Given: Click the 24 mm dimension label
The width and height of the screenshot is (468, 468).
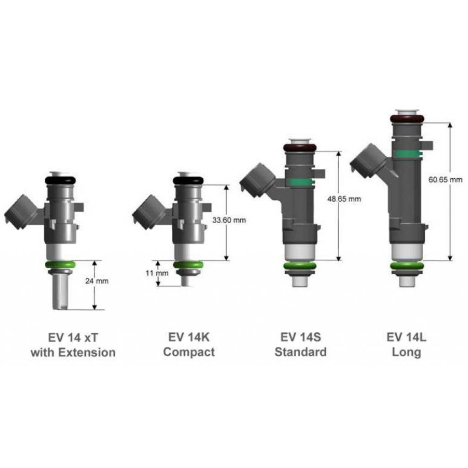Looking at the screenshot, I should [x=97, y=281].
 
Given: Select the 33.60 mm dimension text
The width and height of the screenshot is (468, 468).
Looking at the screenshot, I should [x=229, y=220].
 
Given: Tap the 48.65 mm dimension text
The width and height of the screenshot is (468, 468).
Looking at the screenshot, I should [x=344, y=199].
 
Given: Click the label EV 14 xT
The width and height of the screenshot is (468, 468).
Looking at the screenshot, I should [x=73, y=337].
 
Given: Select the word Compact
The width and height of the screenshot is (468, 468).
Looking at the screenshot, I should [x=189, y=352].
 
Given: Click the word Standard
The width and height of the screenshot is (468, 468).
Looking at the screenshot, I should [x=300, y=352].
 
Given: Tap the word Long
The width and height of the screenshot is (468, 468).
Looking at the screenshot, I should [x=406, y=352].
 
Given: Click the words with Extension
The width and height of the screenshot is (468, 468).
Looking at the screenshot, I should [x=73, y=352].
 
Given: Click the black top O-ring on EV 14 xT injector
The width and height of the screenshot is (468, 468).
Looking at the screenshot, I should [x=60, y=180].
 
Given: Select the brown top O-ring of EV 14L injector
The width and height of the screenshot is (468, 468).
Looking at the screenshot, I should [x=407, y=119].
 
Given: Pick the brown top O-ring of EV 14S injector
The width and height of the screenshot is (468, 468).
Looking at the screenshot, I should [x=300, y=148].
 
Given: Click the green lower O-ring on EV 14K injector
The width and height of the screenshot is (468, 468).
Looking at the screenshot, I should [x=188, y=265].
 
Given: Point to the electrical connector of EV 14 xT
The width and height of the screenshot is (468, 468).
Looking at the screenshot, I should [x=20, y=212].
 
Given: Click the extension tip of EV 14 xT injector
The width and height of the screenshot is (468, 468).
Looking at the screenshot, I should [x=60, y=295].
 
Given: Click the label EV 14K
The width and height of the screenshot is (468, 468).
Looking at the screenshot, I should [x=189, y=337].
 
